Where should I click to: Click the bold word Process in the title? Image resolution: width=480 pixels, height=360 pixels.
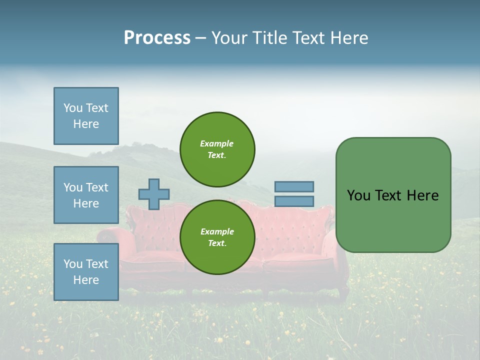click(157, 38)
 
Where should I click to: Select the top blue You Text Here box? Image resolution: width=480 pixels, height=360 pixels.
click(86, 116)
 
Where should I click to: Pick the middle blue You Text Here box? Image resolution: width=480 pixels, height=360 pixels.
click(86, 195)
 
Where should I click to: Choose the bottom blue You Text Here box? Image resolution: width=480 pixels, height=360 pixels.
click(86, 272)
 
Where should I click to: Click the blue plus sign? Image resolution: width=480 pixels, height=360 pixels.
click(154, 194)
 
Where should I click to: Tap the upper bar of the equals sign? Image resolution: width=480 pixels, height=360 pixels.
click(294, 186)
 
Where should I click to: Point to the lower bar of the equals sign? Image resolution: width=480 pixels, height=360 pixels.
click(294, 201)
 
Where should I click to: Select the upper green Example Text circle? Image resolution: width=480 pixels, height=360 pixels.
click(217, 149)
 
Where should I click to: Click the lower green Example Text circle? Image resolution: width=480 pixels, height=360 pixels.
click(217, 237)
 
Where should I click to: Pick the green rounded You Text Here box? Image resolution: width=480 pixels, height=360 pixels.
click(393, 195)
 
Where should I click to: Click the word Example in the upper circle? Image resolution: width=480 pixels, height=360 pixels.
click(217, 143)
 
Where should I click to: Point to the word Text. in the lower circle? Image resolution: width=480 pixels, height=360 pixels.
click(217, 243)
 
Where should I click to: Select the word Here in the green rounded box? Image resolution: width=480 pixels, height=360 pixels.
click(422, 195)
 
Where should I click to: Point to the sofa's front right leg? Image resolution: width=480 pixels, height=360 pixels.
click(344, 292)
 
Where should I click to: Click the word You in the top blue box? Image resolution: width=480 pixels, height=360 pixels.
click(73, 108)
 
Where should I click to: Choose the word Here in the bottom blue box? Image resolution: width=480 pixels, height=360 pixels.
click(86, 280)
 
